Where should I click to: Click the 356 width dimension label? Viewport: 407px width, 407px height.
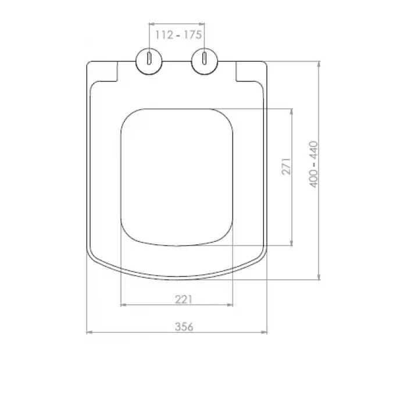[x=184, y=327]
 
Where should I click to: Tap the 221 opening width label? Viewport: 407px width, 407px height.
[x=184, y=299]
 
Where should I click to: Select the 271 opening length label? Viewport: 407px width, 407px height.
[x=287, y=166]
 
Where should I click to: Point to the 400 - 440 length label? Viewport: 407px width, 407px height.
[x=314, y=165]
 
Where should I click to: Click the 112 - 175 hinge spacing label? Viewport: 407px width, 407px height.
[x=178, y=34]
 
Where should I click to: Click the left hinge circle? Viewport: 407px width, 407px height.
[x=149, y=62]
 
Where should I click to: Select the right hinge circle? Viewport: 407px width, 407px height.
[x=205, y=62]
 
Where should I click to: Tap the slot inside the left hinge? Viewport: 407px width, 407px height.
[x=149, y=58]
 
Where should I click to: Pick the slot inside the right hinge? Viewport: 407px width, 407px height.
[x=205, y=58]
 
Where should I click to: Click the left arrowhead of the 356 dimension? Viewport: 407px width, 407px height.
[x=90, y=332]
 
